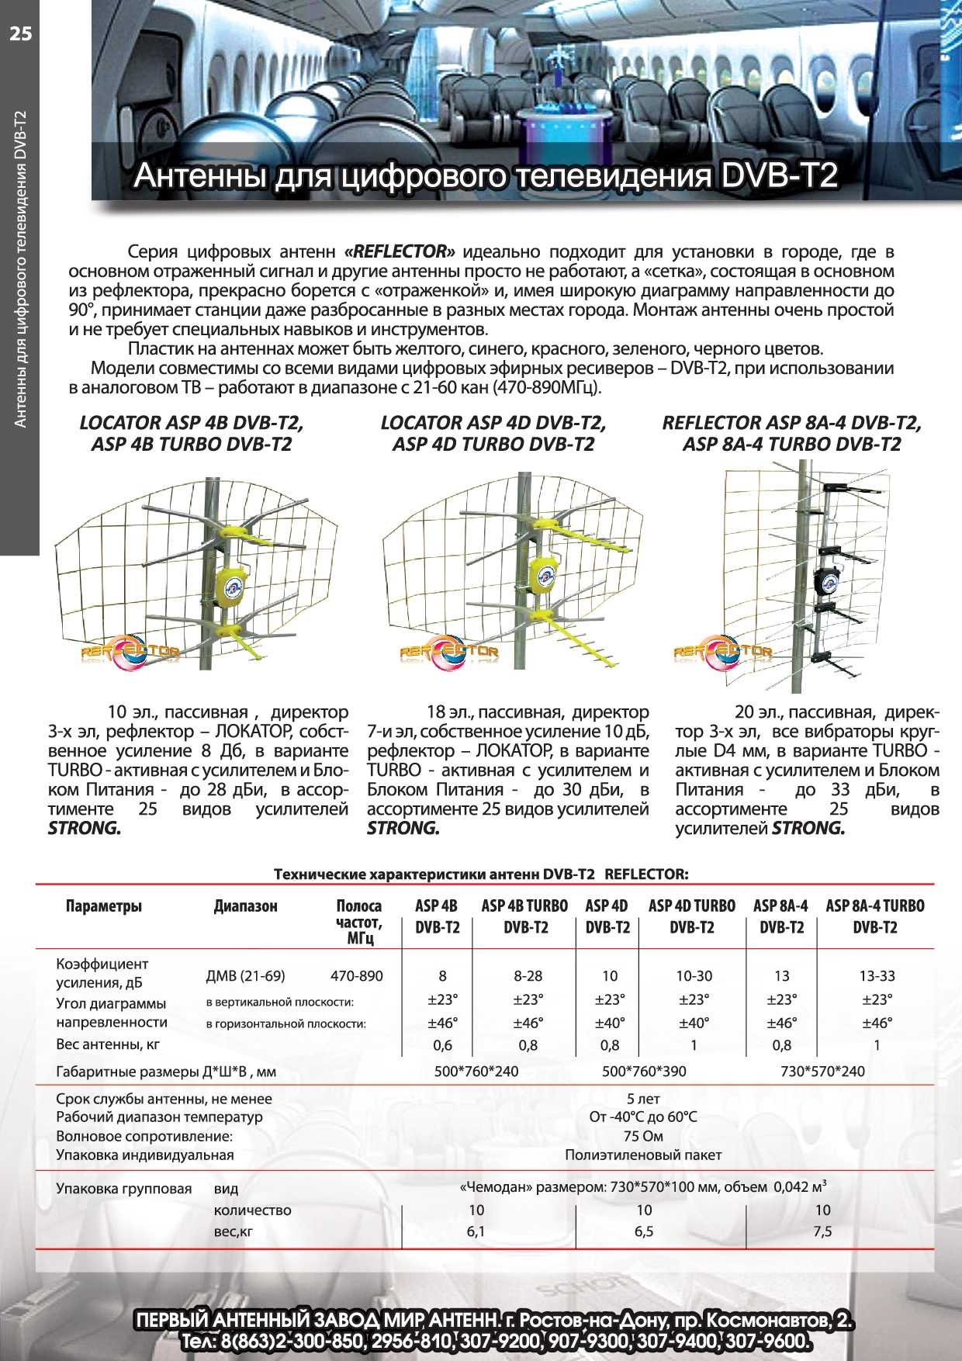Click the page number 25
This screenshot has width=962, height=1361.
click(x=21, y=33)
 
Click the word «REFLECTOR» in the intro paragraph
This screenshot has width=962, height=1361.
click(x=400, y=251)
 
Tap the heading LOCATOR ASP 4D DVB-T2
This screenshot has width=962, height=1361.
click(x=493, y=423)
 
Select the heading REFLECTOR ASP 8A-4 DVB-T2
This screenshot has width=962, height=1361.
click(x=791, y=423)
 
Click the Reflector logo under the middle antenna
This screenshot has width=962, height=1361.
click(x=449, y=652)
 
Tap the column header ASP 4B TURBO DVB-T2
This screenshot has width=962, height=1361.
click(x=525, y=916)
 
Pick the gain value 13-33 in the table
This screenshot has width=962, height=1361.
click(x=877, y=976)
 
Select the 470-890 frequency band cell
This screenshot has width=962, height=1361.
click(x=356, y=976)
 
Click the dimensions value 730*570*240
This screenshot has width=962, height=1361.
click(x=822, y=1072)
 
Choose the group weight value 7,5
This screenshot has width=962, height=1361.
click(x=822, y=1231)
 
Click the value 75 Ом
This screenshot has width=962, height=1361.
click(x=643, y=1136)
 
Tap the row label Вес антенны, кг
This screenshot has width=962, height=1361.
click(x=108, y=1044)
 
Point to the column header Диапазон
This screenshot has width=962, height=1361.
click(x=245, y=906)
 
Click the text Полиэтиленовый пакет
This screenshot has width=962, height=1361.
click(x=643, y=1155)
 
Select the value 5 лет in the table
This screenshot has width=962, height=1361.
click(x=643, y=1099)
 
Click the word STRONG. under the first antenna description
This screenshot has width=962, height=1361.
click(x=85, y=829)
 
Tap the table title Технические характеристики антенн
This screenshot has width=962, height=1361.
click(x=434, y=874)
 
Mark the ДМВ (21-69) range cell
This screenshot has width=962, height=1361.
click(x=245, y=976)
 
